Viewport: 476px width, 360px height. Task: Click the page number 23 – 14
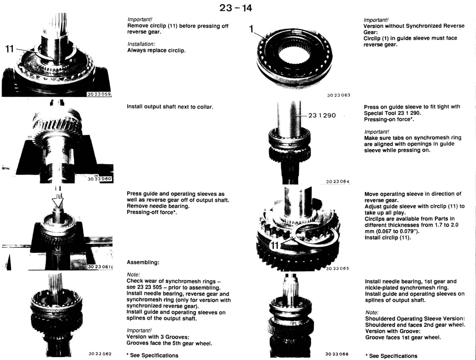click(236, 8)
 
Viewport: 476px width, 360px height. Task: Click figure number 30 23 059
click(99, 94)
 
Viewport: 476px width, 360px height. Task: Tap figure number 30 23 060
click(100, 179)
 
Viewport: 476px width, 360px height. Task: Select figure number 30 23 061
click(99, 266)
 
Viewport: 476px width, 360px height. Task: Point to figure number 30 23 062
click(100, 354)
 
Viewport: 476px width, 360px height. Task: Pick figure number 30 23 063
click(338, 95)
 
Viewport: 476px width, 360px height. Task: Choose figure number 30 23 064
click(338, 182)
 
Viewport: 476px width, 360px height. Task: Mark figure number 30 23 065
click(338, 268)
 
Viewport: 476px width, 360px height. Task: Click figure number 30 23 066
click(337, 354)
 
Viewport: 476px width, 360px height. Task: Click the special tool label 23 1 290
click(322, 115)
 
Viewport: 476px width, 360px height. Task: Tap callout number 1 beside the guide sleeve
click(251, 29)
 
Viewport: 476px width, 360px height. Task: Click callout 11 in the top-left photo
click(9, 49)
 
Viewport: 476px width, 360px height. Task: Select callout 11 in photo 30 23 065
click(274, 245)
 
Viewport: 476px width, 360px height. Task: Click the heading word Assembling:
click(143, 262)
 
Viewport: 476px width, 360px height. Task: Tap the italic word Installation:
click(141, 44)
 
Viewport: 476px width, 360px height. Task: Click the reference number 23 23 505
click(150, 287)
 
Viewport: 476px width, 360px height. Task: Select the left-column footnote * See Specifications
click(152, 356)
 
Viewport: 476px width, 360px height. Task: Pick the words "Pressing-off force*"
click(152, 212)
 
